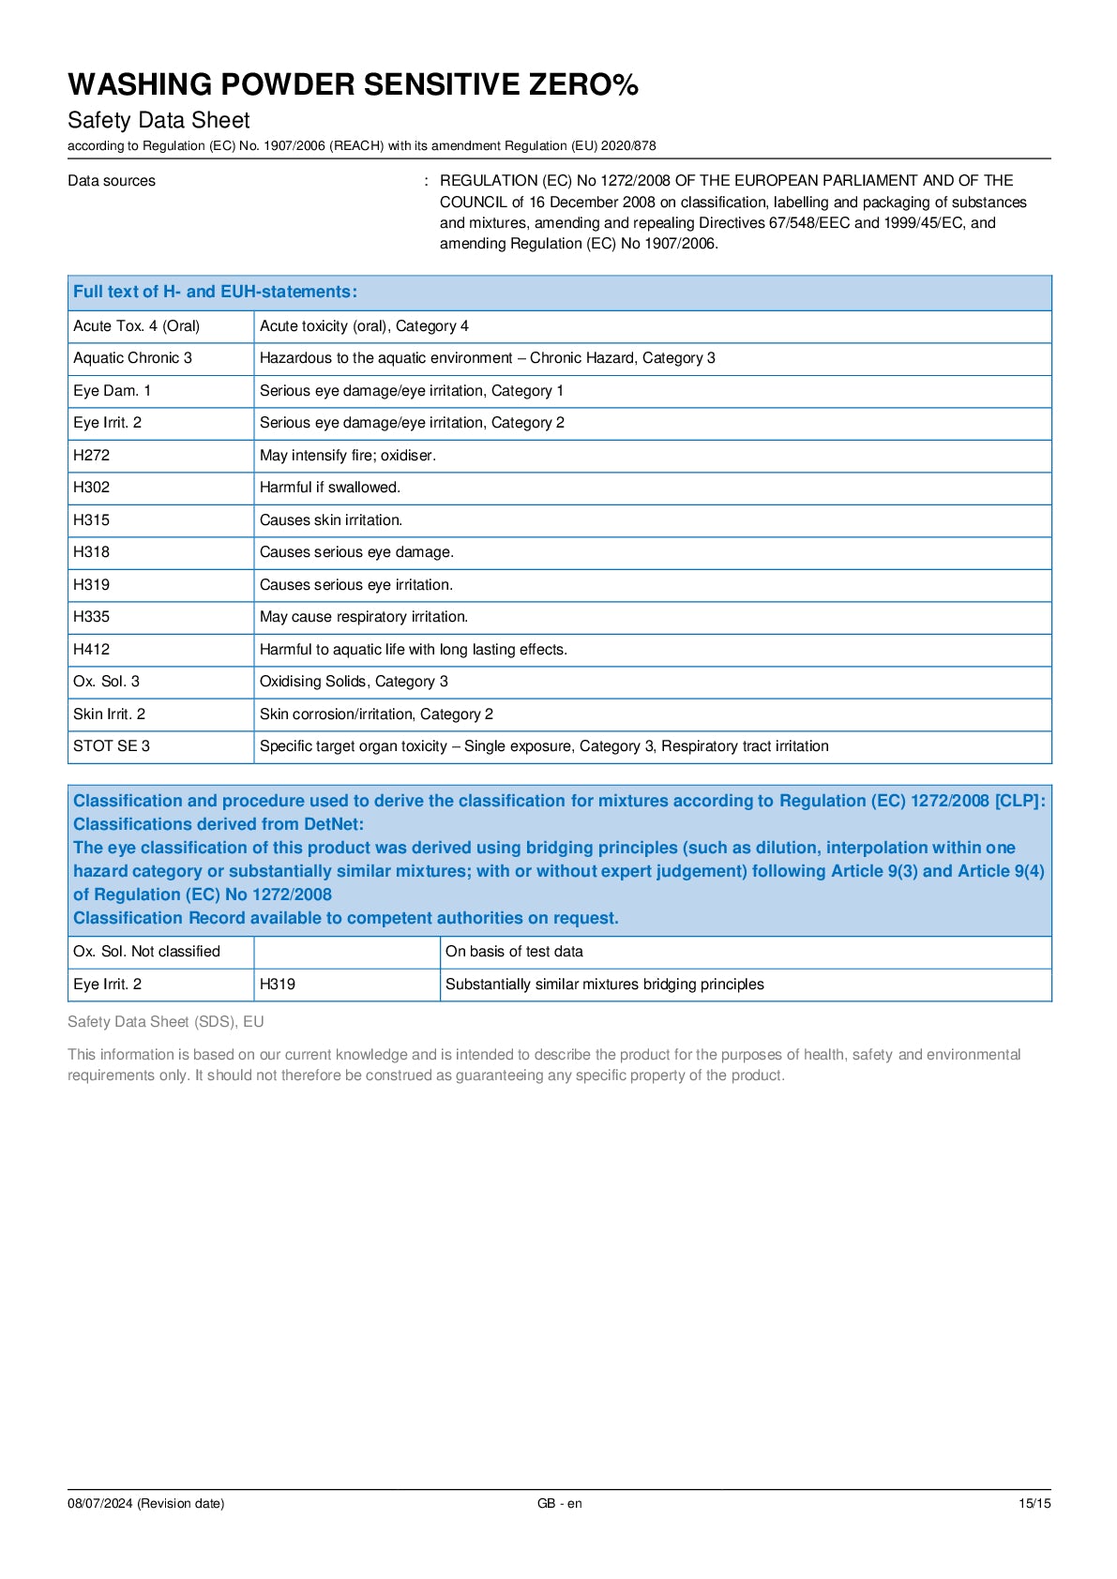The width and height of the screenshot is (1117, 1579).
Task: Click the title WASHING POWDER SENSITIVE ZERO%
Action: click(x=353, y=84)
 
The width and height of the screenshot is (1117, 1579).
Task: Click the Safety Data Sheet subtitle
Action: click(x=158, y=120)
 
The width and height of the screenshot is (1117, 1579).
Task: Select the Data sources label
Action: click(x=112, y=181)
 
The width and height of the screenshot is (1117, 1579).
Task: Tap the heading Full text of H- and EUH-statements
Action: click(x=215, y=292)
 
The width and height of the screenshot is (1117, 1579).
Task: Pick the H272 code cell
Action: click(x=92, y=456)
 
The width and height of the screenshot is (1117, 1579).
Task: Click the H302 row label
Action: click(x=92, y=488)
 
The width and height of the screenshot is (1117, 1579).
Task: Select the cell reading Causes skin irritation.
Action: click(x=331, y=520)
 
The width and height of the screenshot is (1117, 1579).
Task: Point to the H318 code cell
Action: click(x=92, y=552)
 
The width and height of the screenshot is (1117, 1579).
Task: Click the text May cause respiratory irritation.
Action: click(x=364, y=617)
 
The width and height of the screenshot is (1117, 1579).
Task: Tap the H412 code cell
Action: click(x=92, y=650)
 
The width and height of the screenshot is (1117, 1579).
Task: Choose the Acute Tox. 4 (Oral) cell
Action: click(x=137, y=326)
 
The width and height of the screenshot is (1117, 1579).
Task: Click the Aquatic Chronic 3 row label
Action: click(x=133, y=358)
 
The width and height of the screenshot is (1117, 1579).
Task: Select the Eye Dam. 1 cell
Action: click(x=113, y=391)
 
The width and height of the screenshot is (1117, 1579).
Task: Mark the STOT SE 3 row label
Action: click(x=112, y=746)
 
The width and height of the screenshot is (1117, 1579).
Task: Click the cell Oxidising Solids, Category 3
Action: click(x=354, y=682)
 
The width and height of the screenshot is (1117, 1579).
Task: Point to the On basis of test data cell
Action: click(x=514, y=952)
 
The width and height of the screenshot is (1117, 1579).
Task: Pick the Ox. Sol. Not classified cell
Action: click(x=147, y=952)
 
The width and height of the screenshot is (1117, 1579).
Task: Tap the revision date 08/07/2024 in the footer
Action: click(x=145, y=1503)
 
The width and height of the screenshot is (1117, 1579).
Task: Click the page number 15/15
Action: click(x=1034, y=1503)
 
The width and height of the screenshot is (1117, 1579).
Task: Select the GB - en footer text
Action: click(x=559, y=1503)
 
